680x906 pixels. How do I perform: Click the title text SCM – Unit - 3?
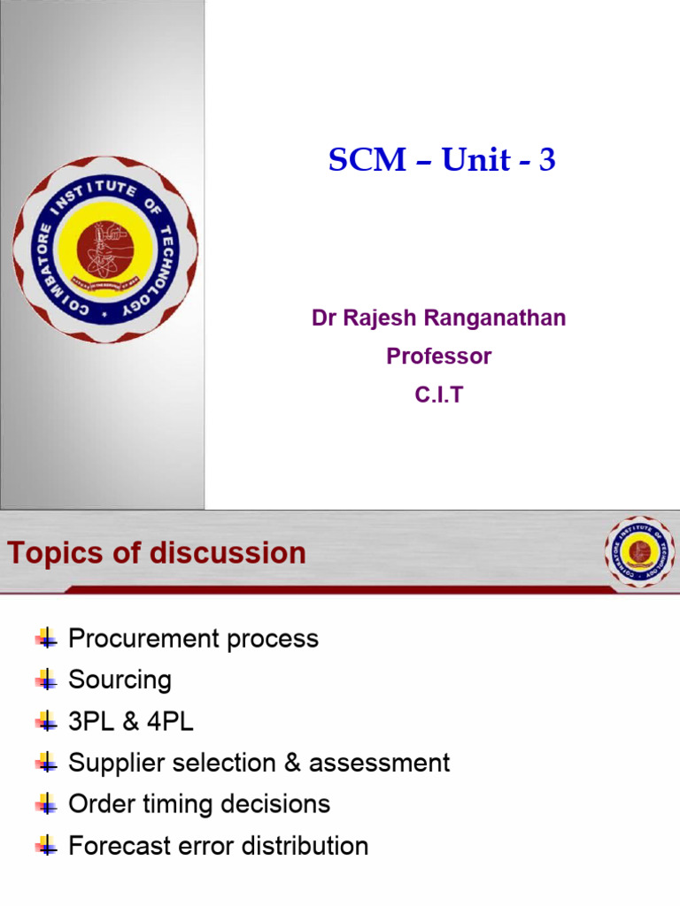(x=441, y=160)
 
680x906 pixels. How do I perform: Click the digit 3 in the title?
(x=547, y=161)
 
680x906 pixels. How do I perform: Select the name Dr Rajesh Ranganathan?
(x=438, y=319)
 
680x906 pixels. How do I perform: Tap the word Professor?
(x=438, y=357)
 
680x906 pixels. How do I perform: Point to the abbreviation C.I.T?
(x=438, y=395)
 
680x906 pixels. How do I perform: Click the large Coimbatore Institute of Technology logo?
(x=104, y=250)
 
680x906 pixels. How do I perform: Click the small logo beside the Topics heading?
(x=638, y=552)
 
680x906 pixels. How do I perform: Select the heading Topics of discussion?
(x=157, y=554)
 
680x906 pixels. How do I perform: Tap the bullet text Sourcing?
(x=120, y=680)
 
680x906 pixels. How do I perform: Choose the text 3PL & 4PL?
(x=131, y=722)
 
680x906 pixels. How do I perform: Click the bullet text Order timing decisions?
(x=199, y=804)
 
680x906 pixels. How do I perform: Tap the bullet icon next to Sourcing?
(x=46, y=679)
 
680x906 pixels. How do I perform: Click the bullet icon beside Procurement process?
(x=46, y=638)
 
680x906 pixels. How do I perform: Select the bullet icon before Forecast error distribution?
(x=46, y=845)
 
